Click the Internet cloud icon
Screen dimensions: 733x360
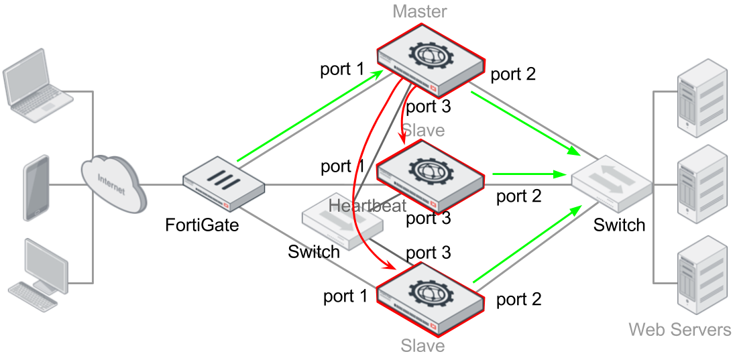coord(114,184)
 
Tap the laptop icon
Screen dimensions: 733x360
coord(38,86)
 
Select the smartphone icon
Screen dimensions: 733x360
coord(36,188)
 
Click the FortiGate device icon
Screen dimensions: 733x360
coord(223,188)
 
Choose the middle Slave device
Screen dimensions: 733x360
coord(430,176)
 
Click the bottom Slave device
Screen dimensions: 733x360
coord(430,299)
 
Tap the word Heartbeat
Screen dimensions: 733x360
coord(368,205)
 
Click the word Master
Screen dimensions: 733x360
coord(420,11)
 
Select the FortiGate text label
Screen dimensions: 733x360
coord(202,225)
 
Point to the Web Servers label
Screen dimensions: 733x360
coord(680,330)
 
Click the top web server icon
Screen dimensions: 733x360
coord(703,98)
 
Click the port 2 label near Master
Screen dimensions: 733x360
coord(512,74)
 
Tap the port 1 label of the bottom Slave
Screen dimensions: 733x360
coord(345,296)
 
